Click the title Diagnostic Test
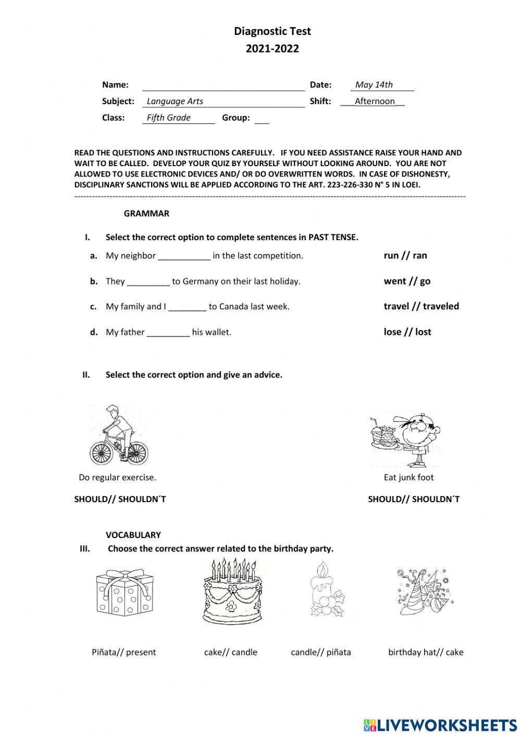click(272, 31)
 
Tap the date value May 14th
click(374, 85)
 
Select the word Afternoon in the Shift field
click(375, 101)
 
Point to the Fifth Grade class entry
click(168, 118)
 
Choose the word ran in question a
click(419, 255)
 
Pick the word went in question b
click(394, 281)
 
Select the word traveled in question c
click(441, 306)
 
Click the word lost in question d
click(423, 332)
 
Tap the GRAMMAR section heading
click(146, 214)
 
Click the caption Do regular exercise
click(117, 477)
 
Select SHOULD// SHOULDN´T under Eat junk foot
click(414, 499)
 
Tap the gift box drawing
click(126, 593)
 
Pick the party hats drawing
click(425, 591)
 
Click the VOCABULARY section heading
click(133, 535)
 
